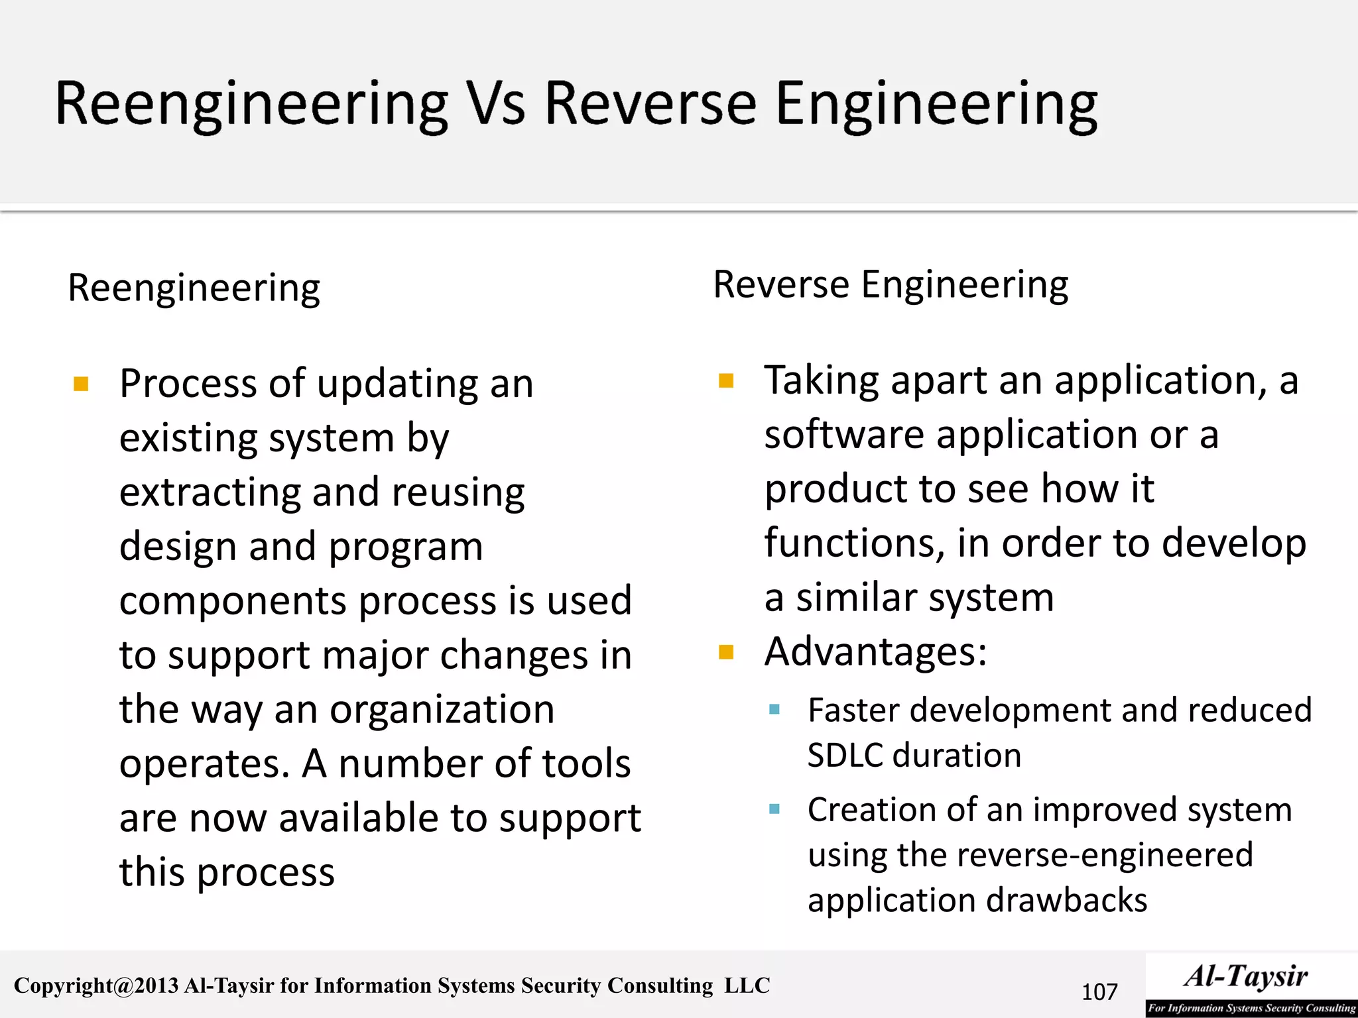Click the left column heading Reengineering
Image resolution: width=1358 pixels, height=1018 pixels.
coord(194,288)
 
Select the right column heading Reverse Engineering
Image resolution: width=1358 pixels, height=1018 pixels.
coord(891,285)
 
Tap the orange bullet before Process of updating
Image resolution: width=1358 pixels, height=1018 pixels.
coord(81,384)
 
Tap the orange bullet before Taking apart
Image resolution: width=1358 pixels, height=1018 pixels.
coord(726,380)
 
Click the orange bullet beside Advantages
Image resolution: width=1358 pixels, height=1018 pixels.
coord(726,653)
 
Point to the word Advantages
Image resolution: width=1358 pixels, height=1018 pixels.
coord(875,651)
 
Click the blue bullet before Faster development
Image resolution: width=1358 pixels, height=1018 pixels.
coord(774,710)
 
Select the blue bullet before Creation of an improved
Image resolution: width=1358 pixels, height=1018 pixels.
coord(774,809)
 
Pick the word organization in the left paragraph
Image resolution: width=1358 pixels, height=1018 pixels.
coord(442,709)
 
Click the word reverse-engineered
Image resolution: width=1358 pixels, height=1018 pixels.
coord(1075,854)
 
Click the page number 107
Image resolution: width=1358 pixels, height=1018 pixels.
coord(1099,992)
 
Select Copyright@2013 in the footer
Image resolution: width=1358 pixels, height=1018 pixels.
coord(96,986)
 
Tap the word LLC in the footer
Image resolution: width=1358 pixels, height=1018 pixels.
coord(747,986)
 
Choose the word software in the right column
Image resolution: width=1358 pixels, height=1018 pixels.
coord(844,435)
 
